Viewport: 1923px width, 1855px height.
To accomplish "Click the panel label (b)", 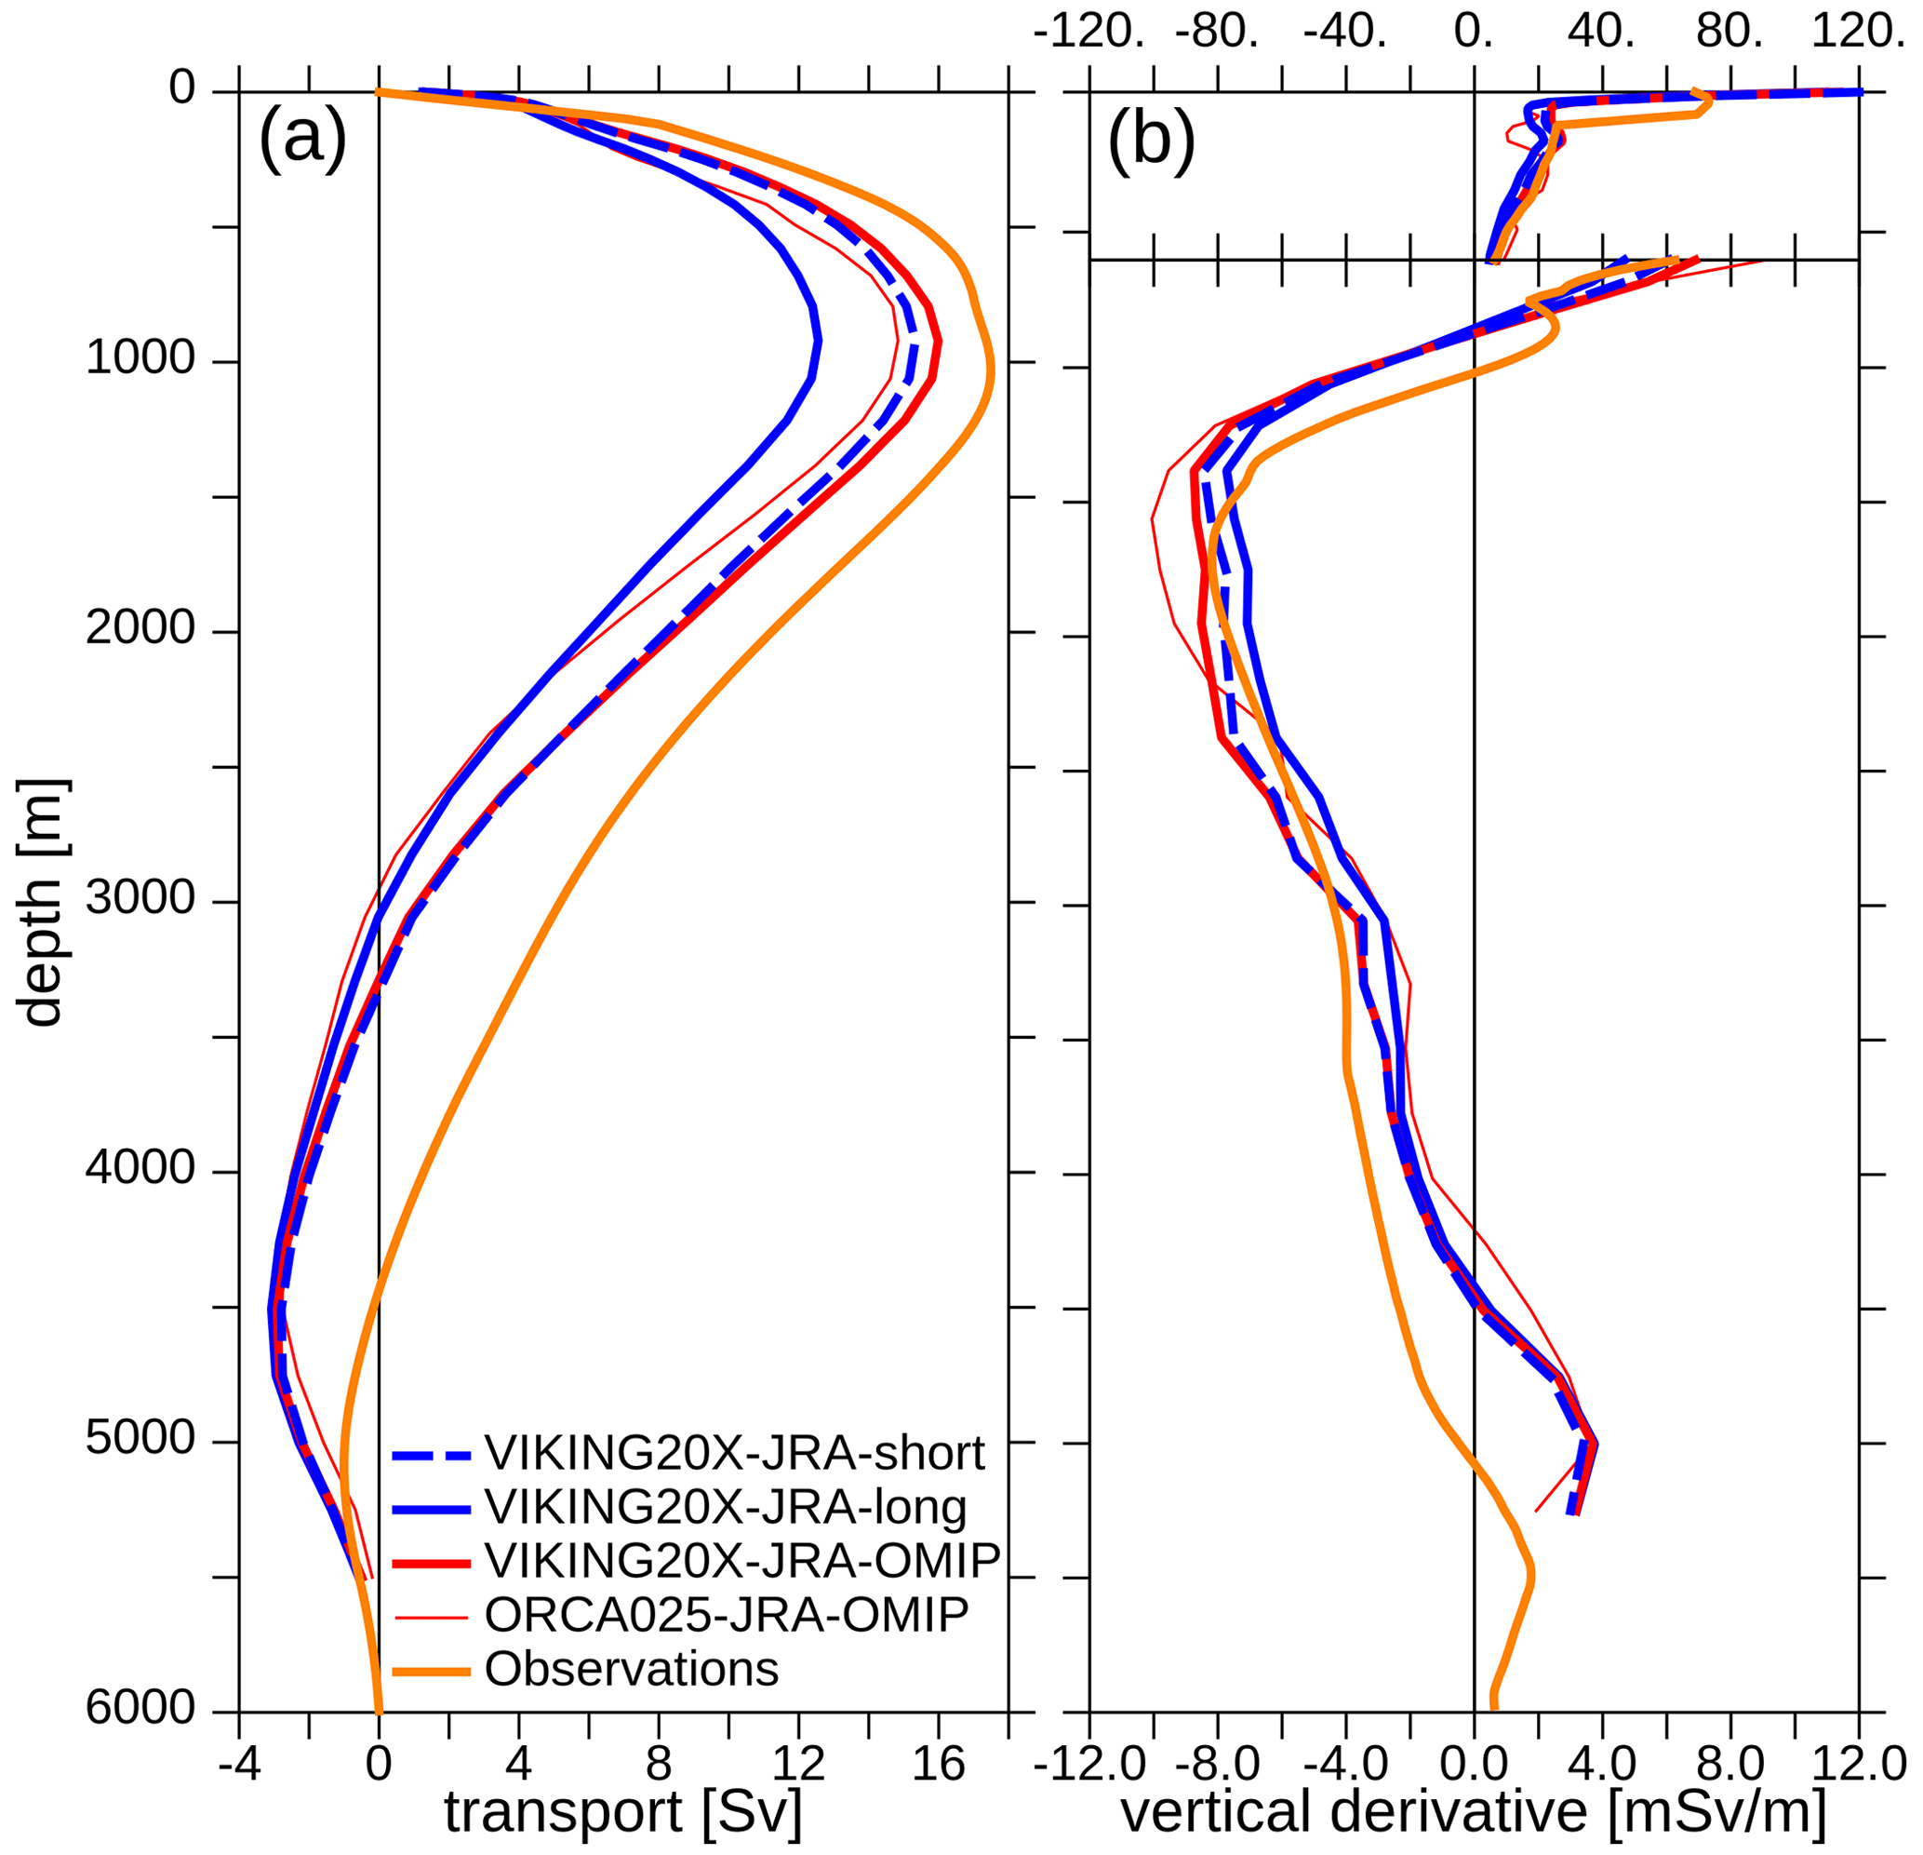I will [1151, 140].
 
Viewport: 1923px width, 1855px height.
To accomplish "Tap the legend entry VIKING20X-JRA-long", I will [725, 1508].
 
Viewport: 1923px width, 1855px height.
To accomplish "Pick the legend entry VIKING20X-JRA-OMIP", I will [741, 1561].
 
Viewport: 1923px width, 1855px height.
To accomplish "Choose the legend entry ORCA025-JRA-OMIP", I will [726, 1615].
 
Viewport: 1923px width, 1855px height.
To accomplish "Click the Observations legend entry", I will [631, 1669].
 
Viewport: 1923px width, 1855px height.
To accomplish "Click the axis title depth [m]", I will [41, 903].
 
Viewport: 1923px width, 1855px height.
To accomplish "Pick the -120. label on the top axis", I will [1089, 33].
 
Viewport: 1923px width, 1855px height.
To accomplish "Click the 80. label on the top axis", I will [1729, 33].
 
